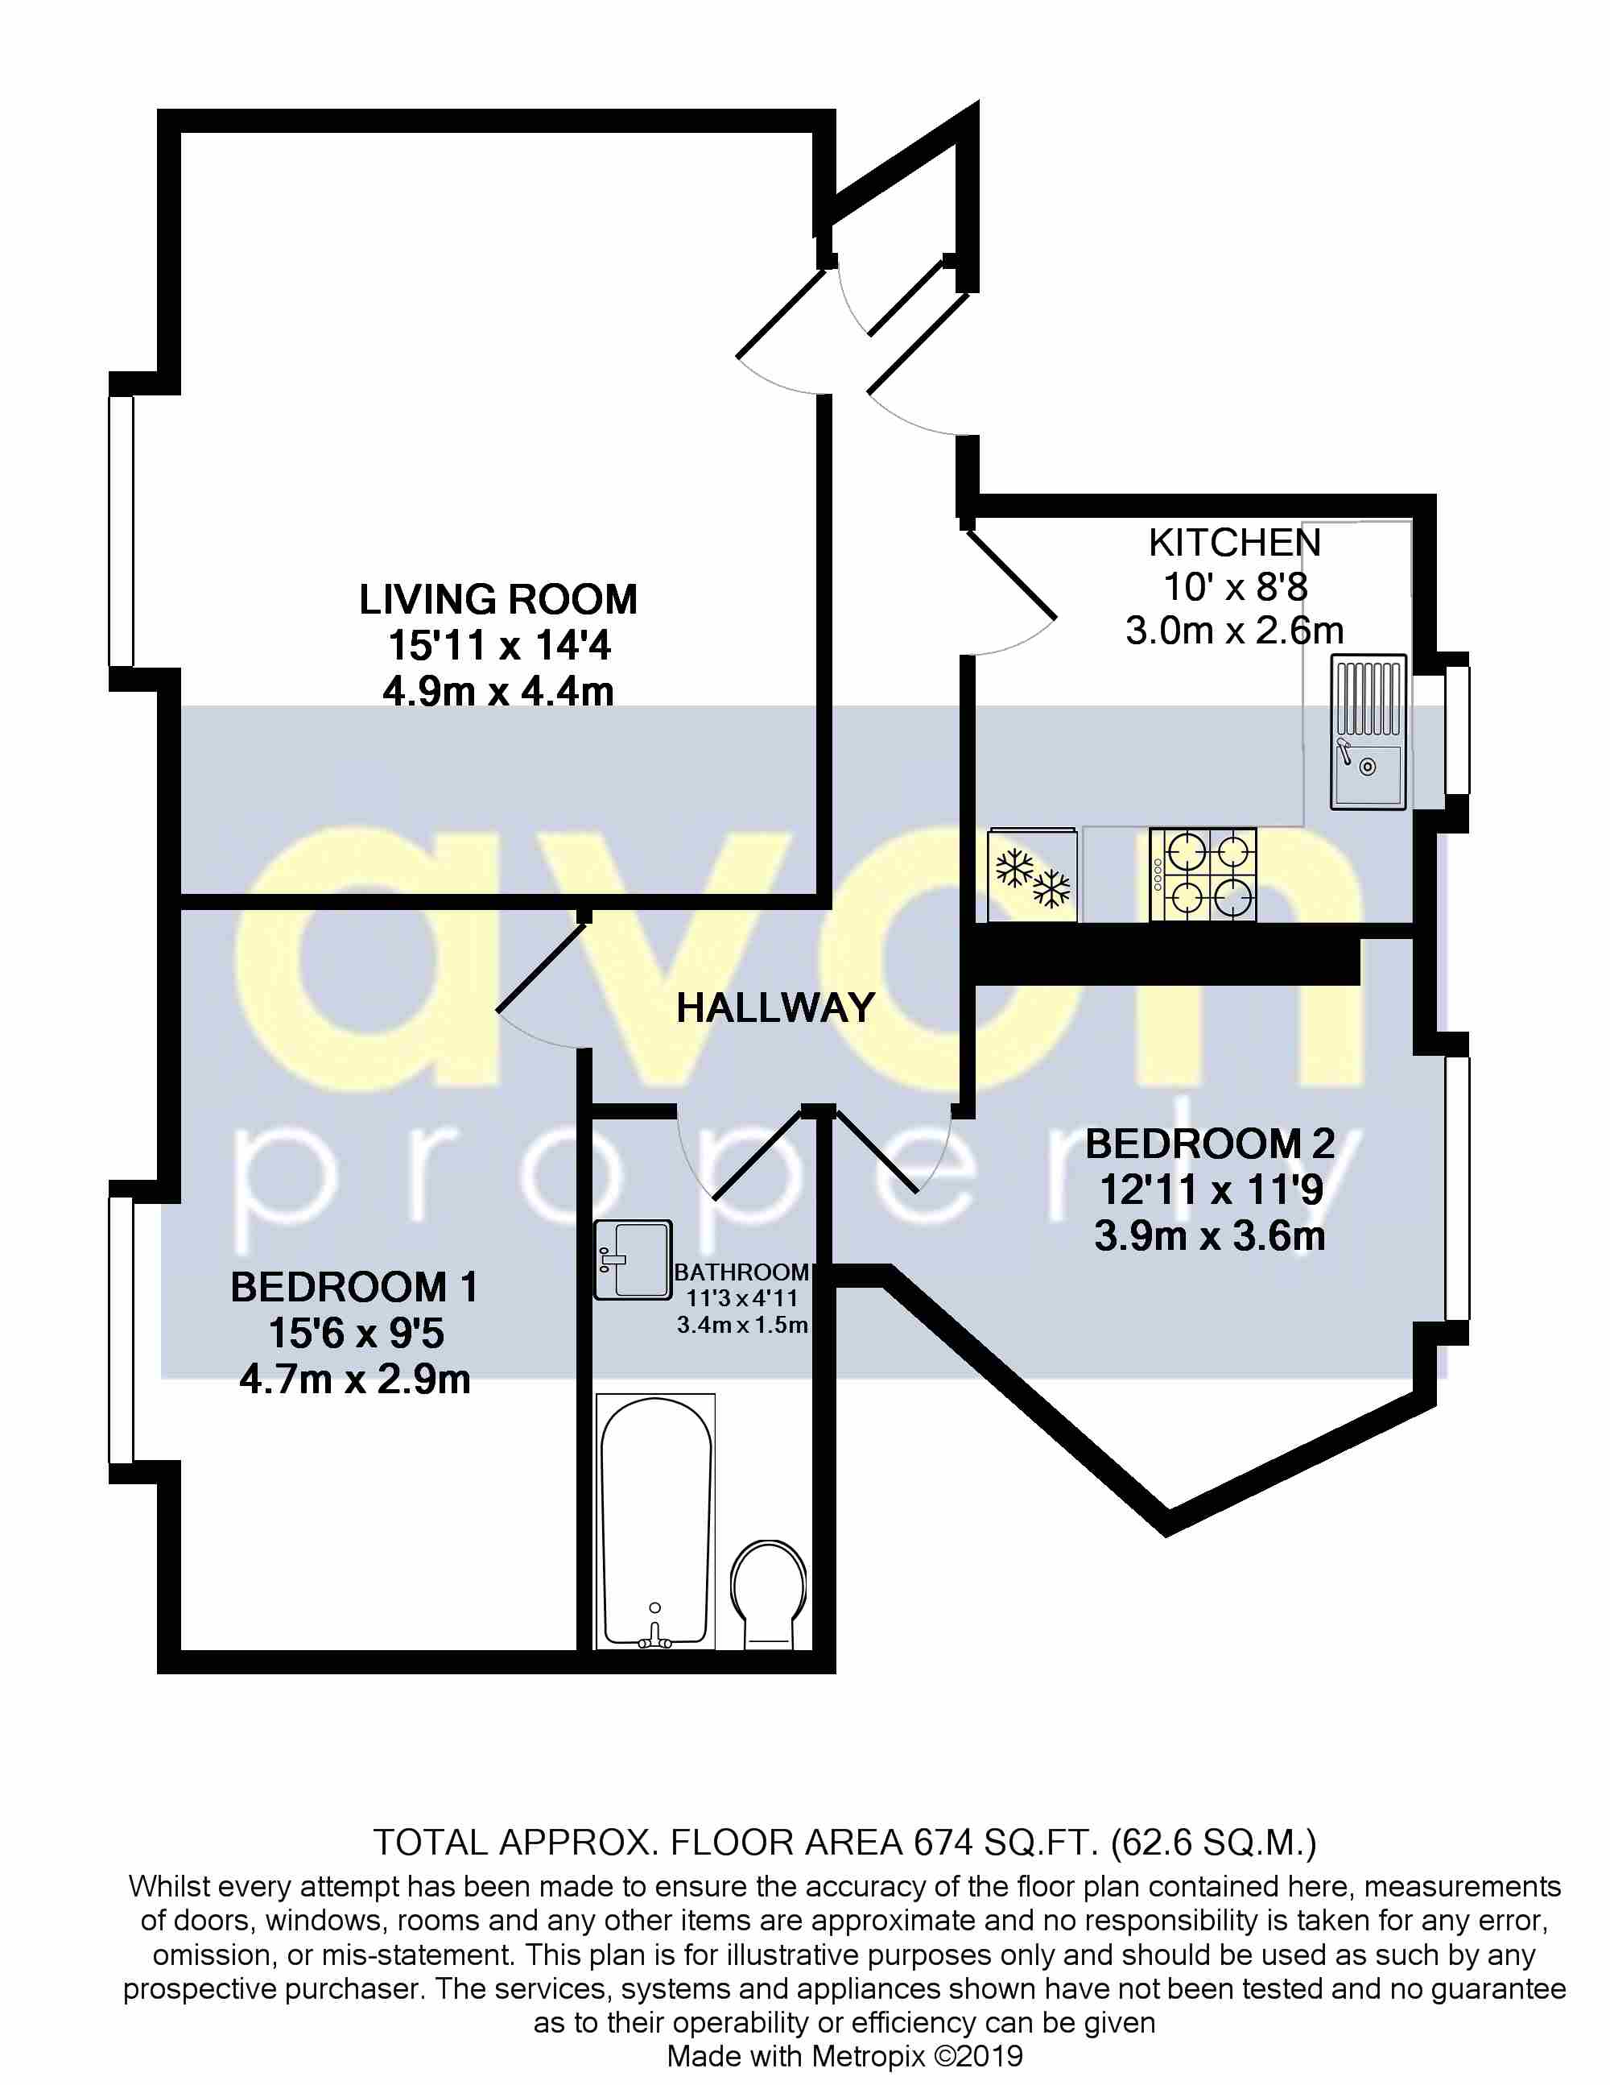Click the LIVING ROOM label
[x=497, y=599]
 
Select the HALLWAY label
[x=775, y=1008]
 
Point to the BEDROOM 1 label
[x=354, y=1287]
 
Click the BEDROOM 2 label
[x=1209, y=1144]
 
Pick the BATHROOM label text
[x=741, y=1272]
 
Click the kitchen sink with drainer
[x=1368, y=732]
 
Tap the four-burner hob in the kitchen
[x=1203, y=874]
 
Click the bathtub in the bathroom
[x=654, y=1522]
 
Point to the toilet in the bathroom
[x=768, y=1591]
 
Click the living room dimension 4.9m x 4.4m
[x=497, y=691]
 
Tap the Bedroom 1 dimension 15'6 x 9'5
[x=356, y=1333]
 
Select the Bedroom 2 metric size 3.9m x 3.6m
[x=1209, y=1236]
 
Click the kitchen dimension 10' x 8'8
[x=1235, y=586]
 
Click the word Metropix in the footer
[x=868, y=2056]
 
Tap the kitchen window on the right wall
[x=1456, y=730]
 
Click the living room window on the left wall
[x=122, y=530]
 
